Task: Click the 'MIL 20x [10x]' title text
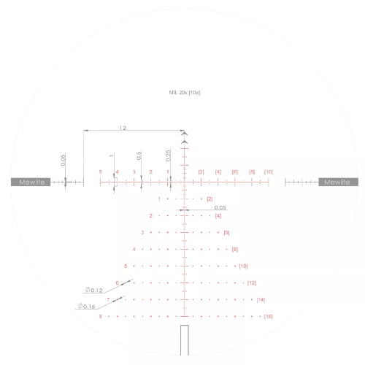pos(185,93)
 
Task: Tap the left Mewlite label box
pos(30,182)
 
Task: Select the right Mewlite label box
pos(337,182)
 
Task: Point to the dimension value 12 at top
pos(123,128)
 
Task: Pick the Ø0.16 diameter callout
pos(85,306)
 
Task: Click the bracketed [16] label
pos(269,317)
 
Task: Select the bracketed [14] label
pos(261,300)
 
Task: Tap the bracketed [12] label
pos(252,283)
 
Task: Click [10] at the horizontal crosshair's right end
pos(269,172)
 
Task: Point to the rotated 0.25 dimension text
pos(168,155)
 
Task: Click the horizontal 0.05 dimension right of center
pos(220,207)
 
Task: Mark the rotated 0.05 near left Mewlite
pos(64,161)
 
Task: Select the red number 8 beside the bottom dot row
pos(100,316)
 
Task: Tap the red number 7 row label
pos(108,299)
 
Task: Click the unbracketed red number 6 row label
pos(117,283)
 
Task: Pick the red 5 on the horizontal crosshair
pos(100,172)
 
